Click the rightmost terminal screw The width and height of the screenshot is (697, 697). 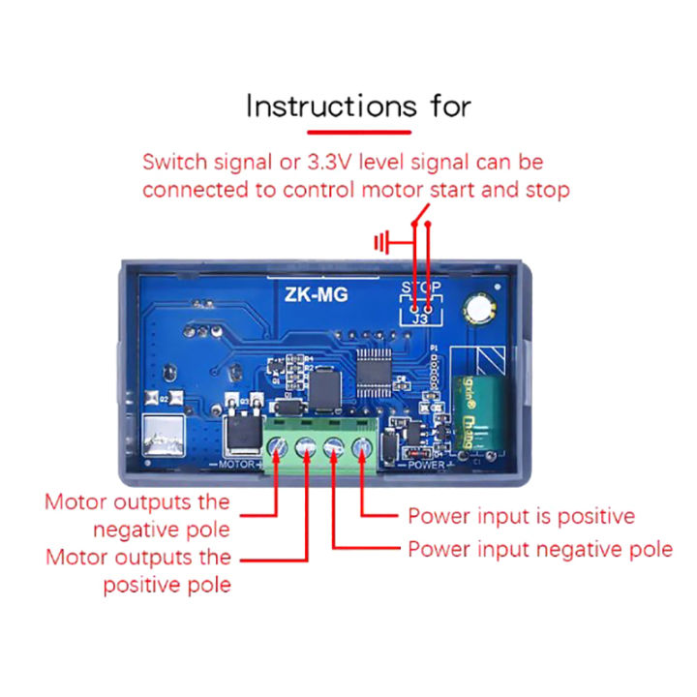click(x=362, y=446)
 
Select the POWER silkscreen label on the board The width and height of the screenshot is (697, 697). click(x=425, y=466)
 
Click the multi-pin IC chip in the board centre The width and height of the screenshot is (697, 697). click(x=372, y=372)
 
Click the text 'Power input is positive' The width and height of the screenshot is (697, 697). click(x=521, y=516)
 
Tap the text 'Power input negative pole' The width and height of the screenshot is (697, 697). click(x=539, y=549)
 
